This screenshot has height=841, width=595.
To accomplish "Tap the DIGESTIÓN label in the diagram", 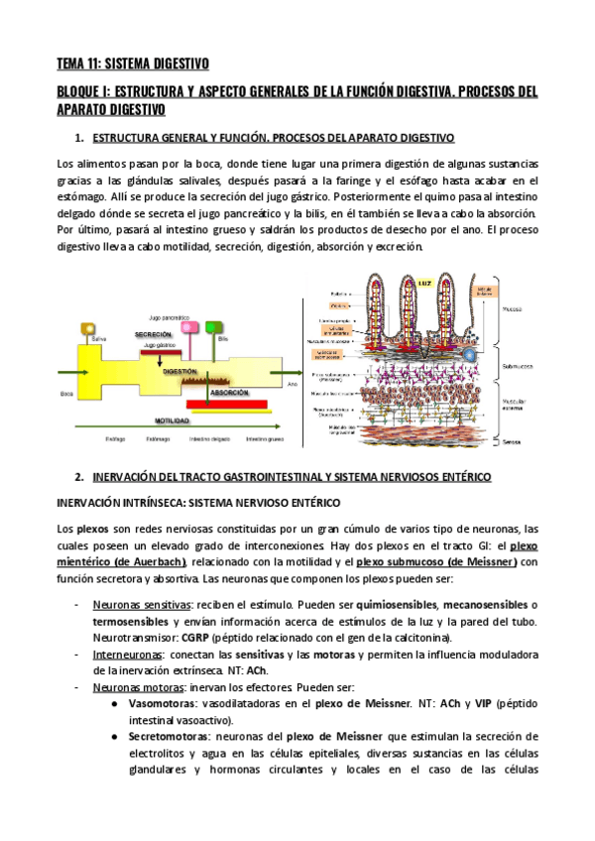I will coord(179,370).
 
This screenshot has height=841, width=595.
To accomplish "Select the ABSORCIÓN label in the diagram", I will coord(229,393).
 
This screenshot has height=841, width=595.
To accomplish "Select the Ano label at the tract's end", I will coord(292,383).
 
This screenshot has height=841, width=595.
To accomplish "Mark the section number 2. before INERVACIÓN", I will coord(80,477).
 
